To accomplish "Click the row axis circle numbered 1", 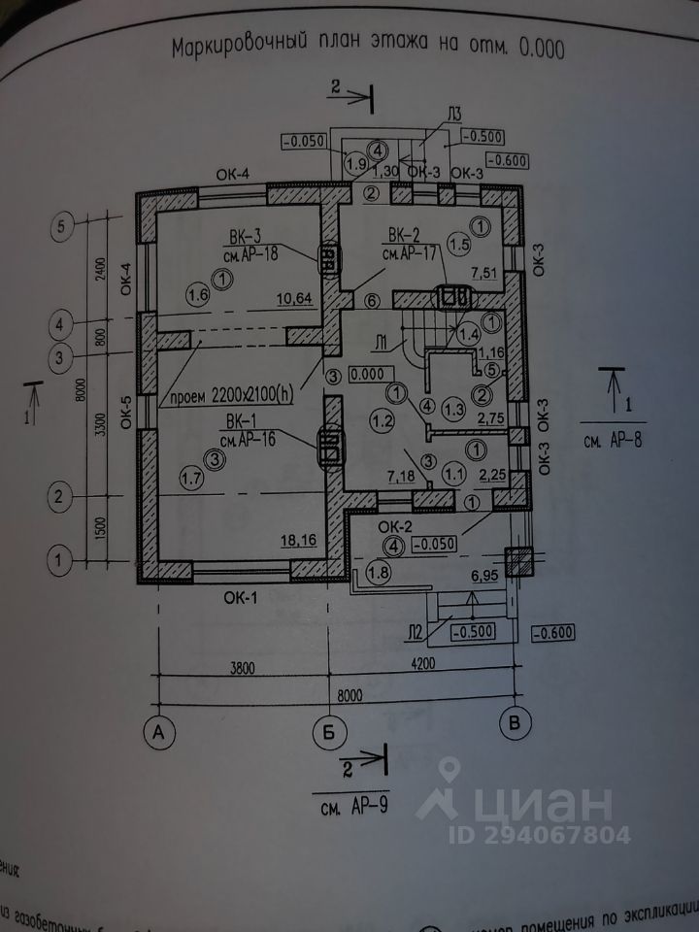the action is point(60,559).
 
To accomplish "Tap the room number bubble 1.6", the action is point(199,292).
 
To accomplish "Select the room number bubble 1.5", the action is point(458,244).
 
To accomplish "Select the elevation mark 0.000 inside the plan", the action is point(369,373).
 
